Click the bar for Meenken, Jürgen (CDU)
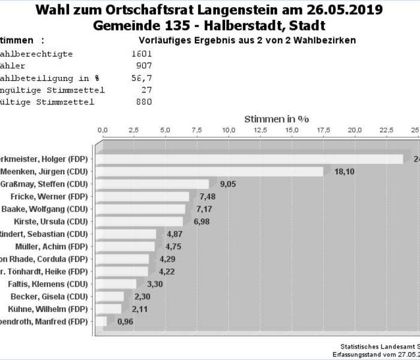pos(210,172)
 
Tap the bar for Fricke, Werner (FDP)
pos(143,197)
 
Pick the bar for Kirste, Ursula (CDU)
pos(140,221)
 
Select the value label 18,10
pos(344,172)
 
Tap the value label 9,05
pos(229,184)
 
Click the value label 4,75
pos(174,247)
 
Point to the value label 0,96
pos(125,322)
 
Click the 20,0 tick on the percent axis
pos(355,130)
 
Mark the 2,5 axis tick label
pos(134,130)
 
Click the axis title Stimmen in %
pos(277,119)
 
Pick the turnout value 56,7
pos(142,78)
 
